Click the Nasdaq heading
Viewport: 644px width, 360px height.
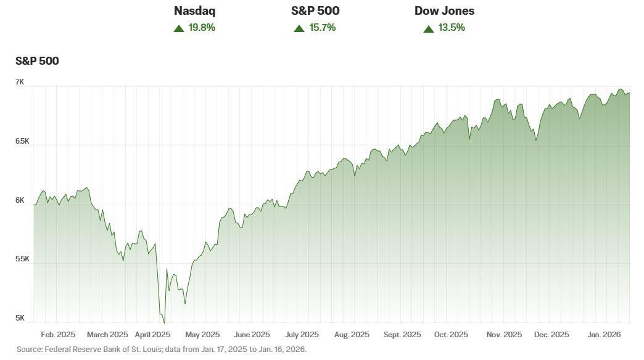tap(194, 11)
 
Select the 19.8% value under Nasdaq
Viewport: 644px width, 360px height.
tap(202, 28)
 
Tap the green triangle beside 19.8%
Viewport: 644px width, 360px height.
tap(179, 28)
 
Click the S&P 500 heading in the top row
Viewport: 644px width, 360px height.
tap(315, 11)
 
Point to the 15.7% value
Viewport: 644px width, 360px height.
tap(323, 28)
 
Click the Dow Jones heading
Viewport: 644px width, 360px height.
tap(444, 11)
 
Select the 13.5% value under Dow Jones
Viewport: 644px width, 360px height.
tap(452, 28)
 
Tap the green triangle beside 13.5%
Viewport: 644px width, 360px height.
tap(429, 28)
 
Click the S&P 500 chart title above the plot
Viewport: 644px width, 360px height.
tap(37, 61)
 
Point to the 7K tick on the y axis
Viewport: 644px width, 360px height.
tap(20, 82)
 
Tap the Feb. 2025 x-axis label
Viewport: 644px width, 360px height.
tap(58, 335)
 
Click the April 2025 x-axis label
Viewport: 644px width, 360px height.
tap(152, 335)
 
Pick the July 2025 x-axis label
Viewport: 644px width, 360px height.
tap(302, 335)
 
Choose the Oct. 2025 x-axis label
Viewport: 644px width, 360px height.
tap(451, 335)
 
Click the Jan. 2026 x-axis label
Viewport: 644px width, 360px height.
tap(603, 335)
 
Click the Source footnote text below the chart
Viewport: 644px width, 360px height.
tap(161, 350)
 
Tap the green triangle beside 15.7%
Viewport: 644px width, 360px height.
tap(299, 28)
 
